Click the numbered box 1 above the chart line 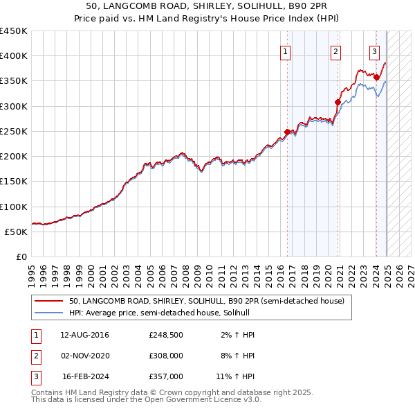(285, 50)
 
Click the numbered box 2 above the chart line (335, 50)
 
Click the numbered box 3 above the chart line (374, 50)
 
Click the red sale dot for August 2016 (288, 132)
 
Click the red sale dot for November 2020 (338, 102)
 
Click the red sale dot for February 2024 (376, 77)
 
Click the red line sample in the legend (48, 302)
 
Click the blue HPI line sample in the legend (48, 313)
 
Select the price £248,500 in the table (165, 335)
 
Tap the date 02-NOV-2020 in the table (85, 356)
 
